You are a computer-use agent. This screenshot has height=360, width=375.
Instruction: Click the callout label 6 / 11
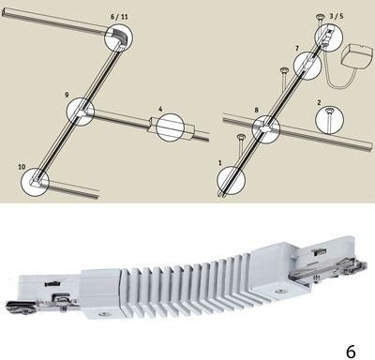(x=119, y=17)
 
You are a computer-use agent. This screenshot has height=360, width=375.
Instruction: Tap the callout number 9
(x=67, y=95)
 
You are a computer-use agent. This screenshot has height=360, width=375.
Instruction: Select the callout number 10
(x=22, y=167)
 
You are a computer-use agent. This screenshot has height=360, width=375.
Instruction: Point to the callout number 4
(x=160, y=109)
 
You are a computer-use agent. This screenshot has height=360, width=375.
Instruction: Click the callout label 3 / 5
(x=337, y=16)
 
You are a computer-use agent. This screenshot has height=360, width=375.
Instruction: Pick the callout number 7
(x=296, y=49)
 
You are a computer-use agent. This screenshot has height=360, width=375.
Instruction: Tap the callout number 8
(x=257, y=110)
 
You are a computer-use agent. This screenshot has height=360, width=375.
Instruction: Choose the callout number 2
(x=319, y=102)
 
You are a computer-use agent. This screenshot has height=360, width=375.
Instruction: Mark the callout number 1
(x=220, y=163)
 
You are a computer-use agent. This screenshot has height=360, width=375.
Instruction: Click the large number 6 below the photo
(x=351, y=352)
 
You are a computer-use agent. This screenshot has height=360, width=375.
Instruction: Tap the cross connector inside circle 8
(x=266, y=128)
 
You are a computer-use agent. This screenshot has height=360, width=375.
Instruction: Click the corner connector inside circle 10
(x=37, y=181)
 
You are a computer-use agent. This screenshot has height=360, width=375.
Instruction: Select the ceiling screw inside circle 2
(x=329, y=120)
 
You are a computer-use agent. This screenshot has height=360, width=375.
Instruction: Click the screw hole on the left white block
(x=101, y=313)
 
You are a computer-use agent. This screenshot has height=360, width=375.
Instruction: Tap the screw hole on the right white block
(x=280, y=292)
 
